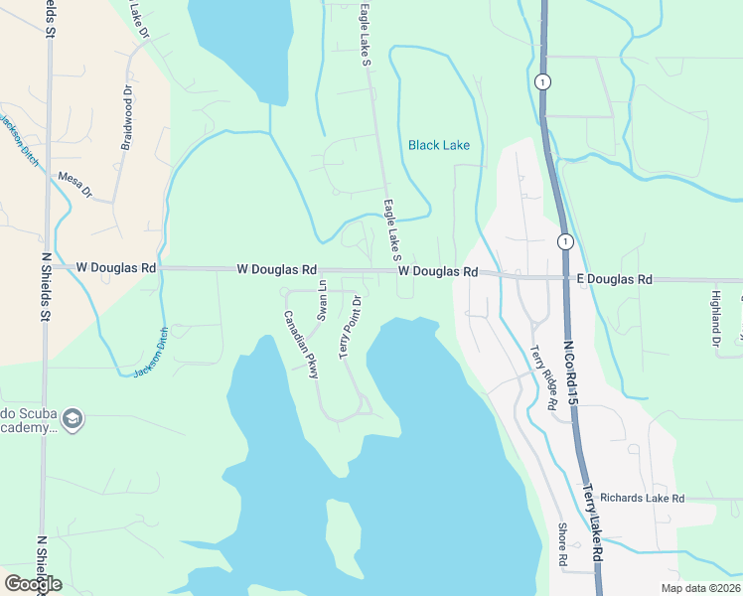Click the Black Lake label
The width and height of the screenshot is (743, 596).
pos(438,145)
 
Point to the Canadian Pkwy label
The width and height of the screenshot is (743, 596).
pos(300,345)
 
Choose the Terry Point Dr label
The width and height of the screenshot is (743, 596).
pos(351,328)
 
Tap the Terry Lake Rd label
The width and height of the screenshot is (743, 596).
pos(593,525)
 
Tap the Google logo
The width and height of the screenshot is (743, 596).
pos(33,583)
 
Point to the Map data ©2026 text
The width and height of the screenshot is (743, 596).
pos(699,588)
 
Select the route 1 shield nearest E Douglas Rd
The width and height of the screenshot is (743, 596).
pos(564,241)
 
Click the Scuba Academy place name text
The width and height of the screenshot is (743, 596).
pos(27,419)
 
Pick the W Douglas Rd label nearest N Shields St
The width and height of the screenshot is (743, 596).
pos(116,268)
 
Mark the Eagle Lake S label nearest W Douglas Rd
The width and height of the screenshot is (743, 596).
pos(392,224)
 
